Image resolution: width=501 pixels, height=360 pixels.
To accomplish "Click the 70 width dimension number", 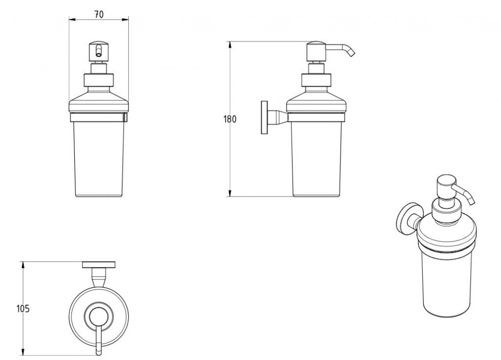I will (99, 14).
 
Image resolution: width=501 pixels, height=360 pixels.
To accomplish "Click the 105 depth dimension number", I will (23, 309).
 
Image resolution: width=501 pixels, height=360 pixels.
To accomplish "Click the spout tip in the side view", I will (352, 54).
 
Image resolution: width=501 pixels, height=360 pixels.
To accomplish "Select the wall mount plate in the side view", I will (265, 117).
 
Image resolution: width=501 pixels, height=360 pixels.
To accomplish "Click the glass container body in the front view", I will (99, 157).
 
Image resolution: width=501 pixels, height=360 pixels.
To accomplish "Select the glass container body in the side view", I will (316, 157).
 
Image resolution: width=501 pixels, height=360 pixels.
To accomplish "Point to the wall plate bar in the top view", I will (99, 265).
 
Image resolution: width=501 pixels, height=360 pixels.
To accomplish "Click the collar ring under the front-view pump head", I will (99, 80).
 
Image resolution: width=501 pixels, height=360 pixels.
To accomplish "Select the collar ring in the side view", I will (316, 80).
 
